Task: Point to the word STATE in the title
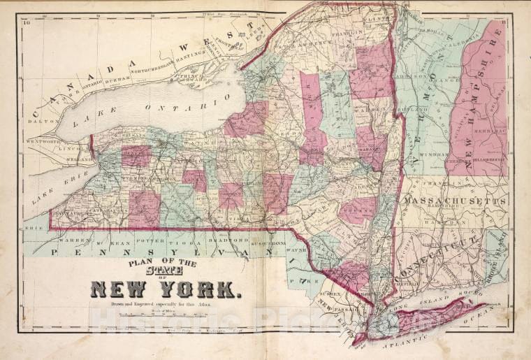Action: coord(165,270)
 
